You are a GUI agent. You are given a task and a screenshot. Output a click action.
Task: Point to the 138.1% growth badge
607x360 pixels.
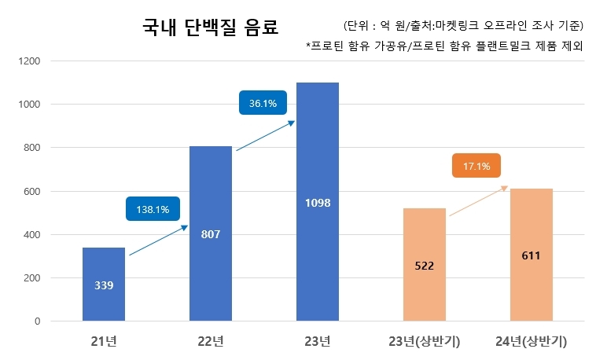coord(153,209)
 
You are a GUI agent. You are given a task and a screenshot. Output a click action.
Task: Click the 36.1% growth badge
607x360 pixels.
coord(263,103)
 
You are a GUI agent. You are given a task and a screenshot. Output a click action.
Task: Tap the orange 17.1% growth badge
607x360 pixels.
coord(476,167)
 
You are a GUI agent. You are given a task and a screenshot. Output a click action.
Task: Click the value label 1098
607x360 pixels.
coord(317,203)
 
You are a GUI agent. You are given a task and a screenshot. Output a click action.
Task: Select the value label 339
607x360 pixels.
coord(104,285)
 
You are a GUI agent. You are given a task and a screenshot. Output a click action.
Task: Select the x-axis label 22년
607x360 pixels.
coord(211,341)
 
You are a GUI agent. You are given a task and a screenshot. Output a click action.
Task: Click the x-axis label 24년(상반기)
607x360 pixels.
coord(531,341)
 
